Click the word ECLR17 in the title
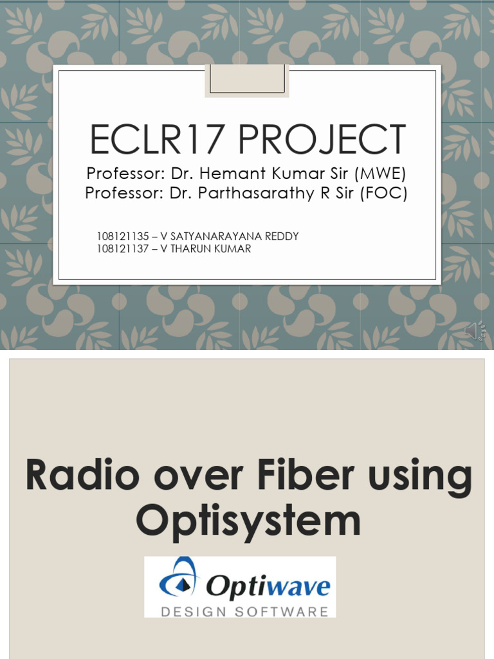coord(156,139)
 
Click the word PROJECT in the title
coord(322,139)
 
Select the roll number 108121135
coord(123,236)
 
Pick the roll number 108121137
coord(123,249)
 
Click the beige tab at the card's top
coord(247,80)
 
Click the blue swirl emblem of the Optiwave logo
coord(178,577)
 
